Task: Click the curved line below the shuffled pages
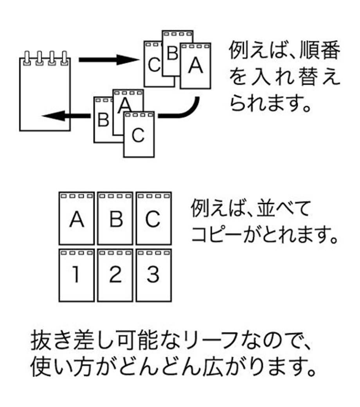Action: click(x=184, y=112)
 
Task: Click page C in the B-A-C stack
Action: click(x=139, y=135)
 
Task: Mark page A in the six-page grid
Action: click(x=77, y=219)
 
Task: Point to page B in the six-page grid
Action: click(x=115, y=219)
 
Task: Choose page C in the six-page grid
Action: click(x=153, y=219)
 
